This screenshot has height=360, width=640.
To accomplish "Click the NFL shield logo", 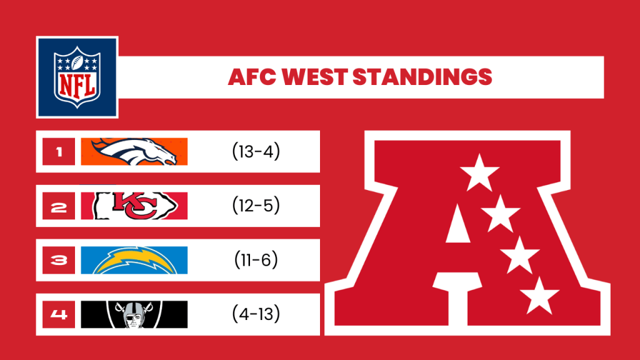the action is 77,77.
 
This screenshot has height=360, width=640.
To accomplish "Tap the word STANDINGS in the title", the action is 422,77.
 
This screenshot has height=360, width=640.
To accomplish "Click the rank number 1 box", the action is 59,151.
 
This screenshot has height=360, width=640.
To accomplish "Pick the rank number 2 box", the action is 59,206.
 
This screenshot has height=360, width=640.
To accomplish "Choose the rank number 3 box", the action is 59,260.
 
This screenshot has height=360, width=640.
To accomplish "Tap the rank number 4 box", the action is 59,314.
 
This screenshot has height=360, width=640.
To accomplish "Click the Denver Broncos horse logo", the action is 134,151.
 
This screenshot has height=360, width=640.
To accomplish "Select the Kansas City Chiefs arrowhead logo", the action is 136,206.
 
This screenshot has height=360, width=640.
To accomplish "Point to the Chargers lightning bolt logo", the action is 135,261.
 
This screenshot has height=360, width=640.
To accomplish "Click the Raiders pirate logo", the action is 134,314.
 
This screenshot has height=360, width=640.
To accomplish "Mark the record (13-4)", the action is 256,151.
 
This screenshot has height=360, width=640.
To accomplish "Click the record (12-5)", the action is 256,205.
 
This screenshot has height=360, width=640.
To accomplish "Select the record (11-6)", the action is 256,259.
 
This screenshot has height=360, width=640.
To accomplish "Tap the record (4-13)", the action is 256,314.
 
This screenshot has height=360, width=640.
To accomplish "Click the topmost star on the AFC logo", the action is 479,173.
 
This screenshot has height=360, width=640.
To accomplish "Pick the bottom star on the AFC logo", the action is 539,296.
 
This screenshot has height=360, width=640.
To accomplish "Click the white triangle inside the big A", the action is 458,225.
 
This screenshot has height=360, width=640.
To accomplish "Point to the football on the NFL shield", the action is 77,62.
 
